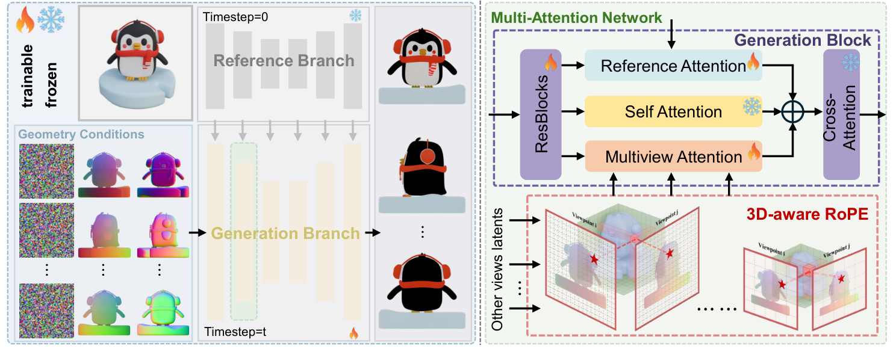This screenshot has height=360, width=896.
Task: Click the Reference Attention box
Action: point(673,66)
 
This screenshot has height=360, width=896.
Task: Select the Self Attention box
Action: point(673,111)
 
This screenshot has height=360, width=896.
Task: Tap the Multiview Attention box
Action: point(673,157)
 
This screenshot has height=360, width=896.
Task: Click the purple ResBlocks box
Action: point(540,114)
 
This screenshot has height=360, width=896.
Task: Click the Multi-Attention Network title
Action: point(577,18)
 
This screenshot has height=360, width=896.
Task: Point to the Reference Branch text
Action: point(284,61)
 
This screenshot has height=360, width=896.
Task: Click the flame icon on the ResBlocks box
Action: point(549,61)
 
